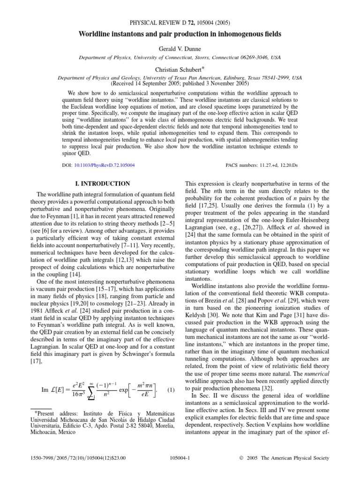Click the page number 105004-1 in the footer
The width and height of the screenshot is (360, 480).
180,458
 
